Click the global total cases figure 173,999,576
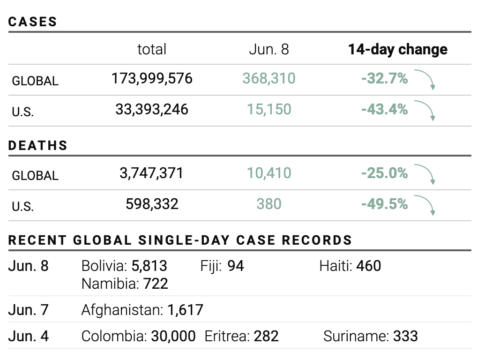coord(152,78)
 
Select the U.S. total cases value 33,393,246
coord(152,109)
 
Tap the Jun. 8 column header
coord(269,49)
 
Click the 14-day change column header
coord(397,49)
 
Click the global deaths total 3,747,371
coord(151,173)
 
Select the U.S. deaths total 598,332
coord(152,204)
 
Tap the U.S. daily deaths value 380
coord(269,204)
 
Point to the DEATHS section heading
coord(38,145)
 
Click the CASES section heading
coord(33,22)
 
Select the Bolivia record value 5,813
coord(149,266)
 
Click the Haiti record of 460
coord(368,266)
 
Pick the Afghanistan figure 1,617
coord(185,310)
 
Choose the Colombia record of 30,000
coord(173,336)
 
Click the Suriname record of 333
coord(405,336)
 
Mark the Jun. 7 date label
coord(29,310)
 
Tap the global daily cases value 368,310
coord(269,78)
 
